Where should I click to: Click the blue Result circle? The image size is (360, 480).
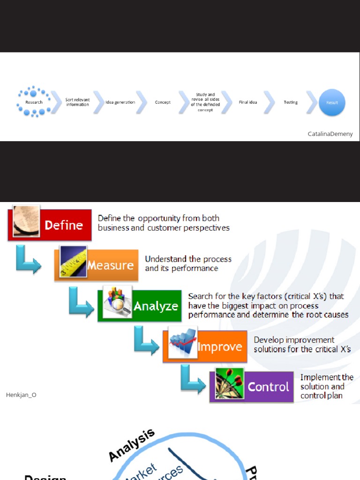(x=332, y=103)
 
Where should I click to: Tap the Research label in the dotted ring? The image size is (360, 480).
(x=34, y=102)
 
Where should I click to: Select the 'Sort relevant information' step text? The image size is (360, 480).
(x=77, y=102)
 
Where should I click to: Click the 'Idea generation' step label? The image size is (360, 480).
(x=120, y=102)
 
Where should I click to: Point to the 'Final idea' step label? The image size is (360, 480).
(x=247, y=102)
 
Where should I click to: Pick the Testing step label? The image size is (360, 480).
(x=291, y=102)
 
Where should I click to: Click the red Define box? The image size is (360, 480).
(x=64, y=225)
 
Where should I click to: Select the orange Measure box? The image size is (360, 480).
(x=111, y=265)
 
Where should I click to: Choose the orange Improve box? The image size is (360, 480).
(x=219, y=347)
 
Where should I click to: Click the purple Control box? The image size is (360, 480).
(x=268, y=387)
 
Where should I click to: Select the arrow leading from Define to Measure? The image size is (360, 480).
(x=27, y=259)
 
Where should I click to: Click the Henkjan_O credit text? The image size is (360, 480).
(x=21, y=395)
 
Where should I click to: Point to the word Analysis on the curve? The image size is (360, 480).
(x=131, y=445)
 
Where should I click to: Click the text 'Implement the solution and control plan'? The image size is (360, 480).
(x=327, y=387)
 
